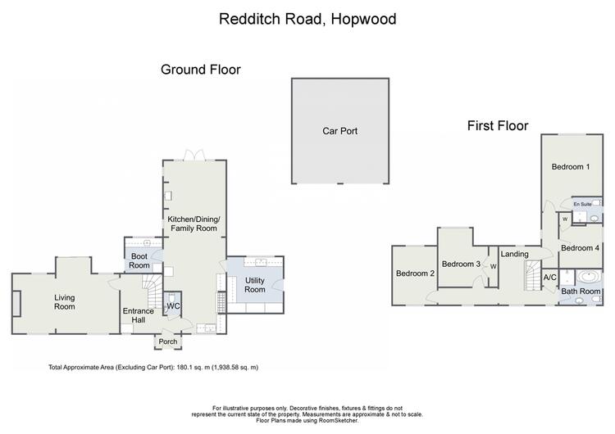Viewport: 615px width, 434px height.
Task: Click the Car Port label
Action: (339, 131)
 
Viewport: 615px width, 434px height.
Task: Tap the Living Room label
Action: (64, 302)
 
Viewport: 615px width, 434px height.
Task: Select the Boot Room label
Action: (139, 261)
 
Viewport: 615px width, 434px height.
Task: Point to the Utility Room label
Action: (255, 285)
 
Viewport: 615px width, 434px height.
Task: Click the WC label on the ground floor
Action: (173, 306)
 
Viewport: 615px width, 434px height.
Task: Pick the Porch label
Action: (168, 341)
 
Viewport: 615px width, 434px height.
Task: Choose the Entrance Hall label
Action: (138, 315)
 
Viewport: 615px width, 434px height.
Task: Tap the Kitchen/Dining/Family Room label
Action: (194, 224)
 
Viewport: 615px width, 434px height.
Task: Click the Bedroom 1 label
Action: (571, 167)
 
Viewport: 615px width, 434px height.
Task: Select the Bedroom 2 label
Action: (415, 274)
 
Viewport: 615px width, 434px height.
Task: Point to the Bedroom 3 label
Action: (461, 264)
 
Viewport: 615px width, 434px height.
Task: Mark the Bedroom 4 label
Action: (580, 248)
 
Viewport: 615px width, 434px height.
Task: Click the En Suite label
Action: (582, 204)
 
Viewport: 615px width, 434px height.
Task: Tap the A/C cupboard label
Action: (549, 278)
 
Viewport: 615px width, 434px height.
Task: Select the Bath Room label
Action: (581, 292)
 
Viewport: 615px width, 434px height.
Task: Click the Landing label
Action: (514, 254)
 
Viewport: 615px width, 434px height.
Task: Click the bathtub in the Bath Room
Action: (588, 277)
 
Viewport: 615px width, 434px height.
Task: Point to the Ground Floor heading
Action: (200, 70)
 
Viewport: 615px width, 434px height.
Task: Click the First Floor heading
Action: (498, 126)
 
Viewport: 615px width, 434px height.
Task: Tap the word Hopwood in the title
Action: (363, 19)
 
